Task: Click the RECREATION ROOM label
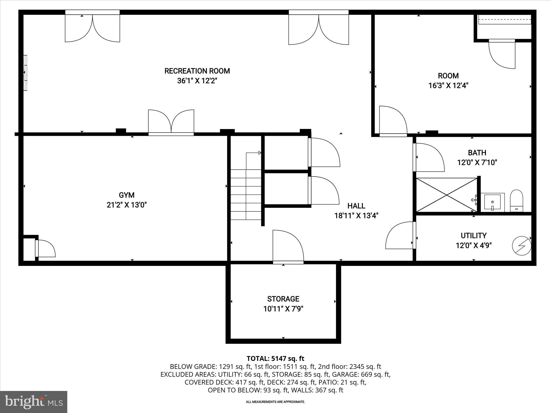click(x=197, y=71)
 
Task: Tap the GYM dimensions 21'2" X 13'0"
click(x=126, y=205)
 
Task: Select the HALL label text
click(x=356, y=206)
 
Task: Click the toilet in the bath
click(x=516, y=201)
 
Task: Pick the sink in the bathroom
click(x=492, y=202)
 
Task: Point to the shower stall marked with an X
click(x=447, y=195)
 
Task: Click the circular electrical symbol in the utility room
click(x=521, y=245)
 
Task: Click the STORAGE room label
click(x=283, y=299)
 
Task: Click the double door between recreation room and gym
click(x=171, y=122)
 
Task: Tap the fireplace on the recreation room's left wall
click(x=25, y=73)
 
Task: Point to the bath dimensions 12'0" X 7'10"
click(x=477, y=163)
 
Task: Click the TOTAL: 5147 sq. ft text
click(x=275, y=358)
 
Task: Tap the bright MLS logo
click(x=34, y=402)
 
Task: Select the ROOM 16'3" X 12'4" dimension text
click(x=448, y=86)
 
